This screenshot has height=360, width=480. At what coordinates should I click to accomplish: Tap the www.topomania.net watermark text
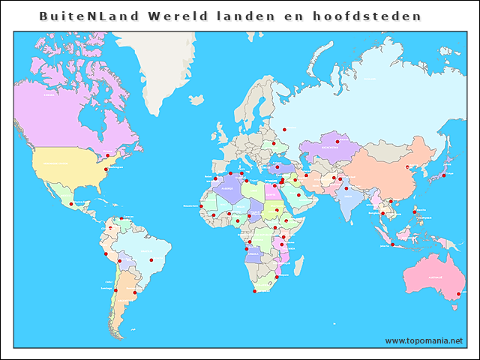(424, 341)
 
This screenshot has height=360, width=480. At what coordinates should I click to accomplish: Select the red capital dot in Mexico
(71, 203)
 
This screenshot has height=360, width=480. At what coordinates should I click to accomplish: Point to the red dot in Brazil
(151, 259)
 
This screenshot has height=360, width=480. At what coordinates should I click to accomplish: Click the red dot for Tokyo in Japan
(443, 175)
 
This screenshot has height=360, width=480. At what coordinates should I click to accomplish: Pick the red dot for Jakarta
(391, 244)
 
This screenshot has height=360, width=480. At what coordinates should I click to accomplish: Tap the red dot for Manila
(414, 212)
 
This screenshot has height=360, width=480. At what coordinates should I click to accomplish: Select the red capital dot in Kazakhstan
(337, 141)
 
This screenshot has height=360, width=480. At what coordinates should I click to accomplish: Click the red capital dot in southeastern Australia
(457, 294)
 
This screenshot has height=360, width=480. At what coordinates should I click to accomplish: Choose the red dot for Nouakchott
(201, 206)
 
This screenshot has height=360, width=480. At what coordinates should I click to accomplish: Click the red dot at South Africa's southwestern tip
(255, 291)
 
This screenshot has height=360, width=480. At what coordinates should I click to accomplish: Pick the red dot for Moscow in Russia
(283, 127)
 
